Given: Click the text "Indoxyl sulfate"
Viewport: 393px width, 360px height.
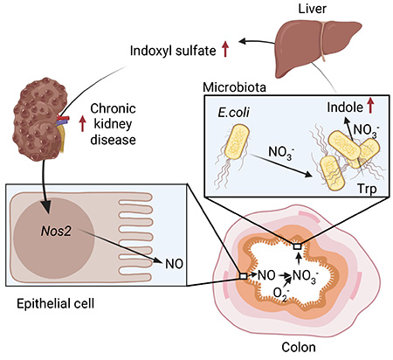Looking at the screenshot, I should [x=173, y=52].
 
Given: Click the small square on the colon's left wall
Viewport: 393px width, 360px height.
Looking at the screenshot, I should [x=243, y=276].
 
